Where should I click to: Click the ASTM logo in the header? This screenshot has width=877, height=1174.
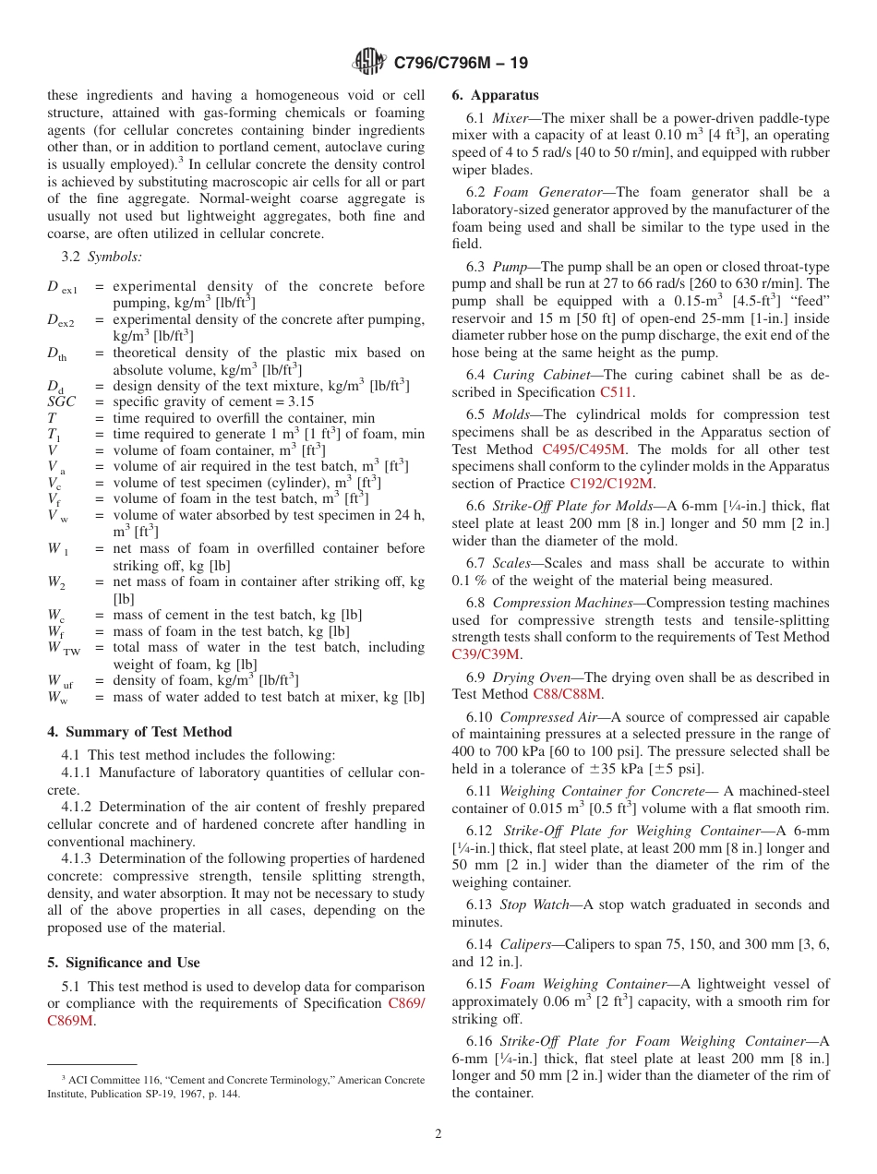click(x=369, y=63)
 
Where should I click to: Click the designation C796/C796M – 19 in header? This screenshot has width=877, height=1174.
click(x=461, y=64)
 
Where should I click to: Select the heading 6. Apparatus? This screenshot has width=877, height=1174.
click(x=495, y=95)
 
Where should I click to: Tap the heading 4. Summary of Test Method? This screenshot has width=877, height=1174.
click(x=139, y=732)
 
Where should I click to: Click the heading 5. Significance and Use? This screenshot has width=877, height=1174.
click(x=124, y=963)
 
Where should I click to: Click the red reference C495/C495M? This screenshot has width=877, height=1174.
click(x=583, y=449)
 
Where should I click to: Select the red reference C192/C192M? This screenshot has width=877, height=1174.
click(x=611, y=484)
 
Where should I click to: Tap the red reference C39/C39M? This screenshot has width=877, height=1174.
click(x=486, y=654)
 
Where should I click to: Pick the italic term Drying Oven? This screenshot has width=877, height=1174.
click(x=529, y=677)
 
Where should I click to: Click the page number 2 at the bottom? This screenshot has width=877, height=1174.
click(x=438, y=1133)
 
